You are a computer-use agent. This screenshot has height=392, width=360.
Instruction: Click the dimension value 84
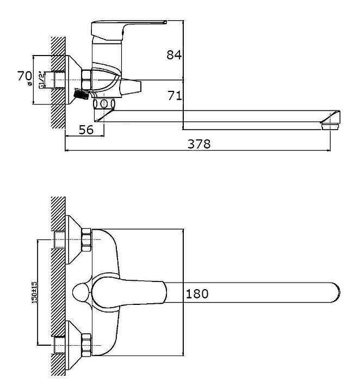coord(174,55)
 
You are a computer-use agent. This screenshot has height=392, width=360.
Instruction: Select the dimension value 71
coord(175,95)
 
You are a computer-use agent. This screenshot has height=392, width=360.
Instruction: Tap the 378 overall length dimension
coord(199,144)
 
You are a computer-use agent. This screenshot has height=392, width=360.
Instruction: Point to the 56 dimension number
coord(86,130)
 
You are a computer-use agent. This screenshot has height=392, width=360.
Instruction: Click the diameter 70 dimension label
coord(24,76)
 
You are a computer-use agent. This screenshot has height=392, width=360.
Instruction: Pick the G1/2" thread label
coord(41,80)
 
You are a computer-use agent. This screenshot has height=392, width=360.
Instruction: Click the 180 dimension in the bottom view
coord(197,294)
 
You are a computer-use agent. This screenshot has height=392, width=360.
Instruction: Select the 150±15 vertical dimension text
coord(34,292)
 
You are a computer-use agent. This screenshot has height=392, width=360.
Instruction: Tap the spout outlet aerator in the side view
coord(330,126)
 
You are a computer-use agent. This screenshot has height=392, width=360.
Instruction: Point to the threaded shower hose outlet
coord(81,94)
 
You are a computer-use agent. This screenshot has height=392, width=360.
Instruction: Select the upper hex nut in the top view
coord(86,240)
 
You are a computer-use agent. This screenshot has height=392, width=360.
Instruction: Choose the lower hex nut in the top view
coord(86,345)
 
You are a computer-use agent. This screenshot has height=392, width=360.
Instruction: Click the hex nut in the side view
coord(86,79)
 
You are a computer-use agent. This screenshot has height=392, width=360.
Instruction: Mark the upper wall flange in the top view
coord(73,240)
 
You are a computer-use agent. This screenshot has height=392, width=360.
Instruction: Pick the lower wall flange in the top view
coord(73,345)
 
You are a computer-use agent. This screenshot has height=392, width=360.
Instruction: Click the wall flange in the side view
coord(73,79)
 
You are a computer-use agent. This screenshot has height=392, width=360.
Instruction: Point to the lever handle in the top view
coord(129,292)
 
